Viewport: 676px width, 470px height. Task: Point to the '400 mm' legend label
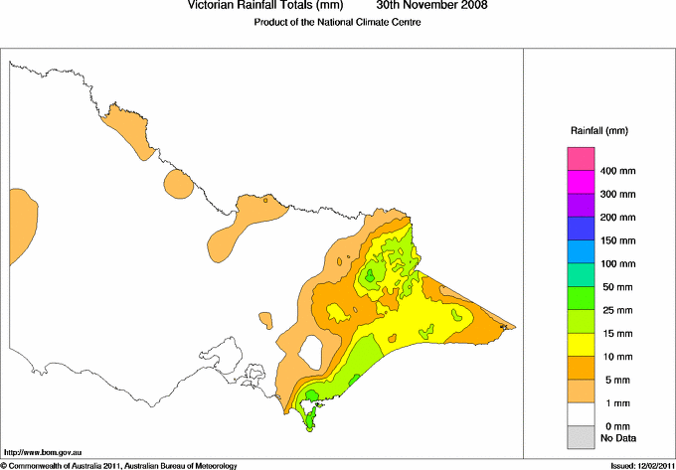(619, 171)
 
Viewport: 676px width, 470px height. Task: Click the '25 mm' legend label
(616, 287)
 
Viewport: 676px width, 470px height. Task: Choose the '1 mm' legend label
(613, 403)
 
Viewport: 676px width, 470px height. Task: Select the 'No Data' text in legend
(618, 437)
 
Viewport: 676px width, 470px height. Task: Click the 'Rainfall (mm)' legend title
(599, 130)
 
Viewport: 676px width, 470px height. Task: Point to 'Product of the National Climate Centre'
(337, 22)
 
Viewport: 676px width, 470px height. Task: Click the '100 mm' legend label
(619, 264)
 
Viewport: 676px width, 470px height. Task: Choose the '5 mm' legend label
(613, 380)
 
